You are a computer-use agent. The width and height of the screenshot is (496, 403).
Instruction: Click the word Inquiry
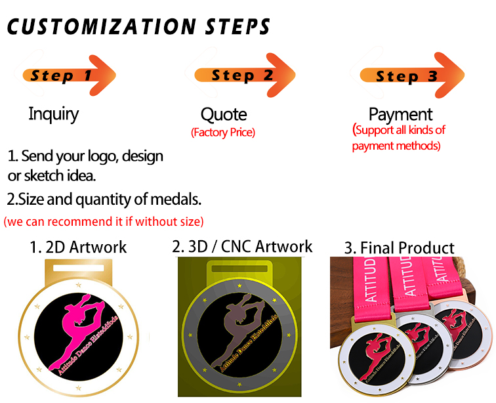pyautogui.click(x=53, y=114)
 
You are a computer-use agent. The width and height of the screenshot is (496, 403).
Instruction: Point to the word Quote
pyautogui.click(x=223, y=115)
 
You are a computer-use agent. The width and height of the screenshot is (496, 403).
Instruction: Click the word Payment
pyautogui.click(x=400, y=115)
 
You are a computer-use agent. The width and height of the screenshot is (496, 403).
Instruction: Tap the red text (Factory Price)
pyautogui.click(x=223, y=133)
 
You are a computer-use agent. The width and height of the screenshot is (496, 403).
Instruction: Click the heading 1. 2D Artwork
pyautogui.click(x=78, y=247)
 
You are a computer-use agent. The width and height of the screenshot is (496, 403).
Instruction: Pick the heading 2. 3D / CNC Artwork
pyautogui.click(x=242, y=246)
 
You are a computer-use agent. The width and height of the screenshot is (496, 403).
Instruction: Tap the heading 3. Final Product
pyautogui.click(x=399, y=247)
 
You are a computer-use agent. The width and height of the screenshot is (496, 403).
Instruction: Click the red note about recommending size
pyautogui.click(x=104, y=221)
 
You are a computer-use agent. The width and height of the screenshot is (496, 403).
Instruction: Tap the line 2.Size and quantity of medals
pyautogui.click(x=104, y=198)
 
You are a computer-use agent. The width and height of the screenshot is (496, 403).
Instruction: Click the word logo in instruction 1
pyautogui.click(x=106, y=157)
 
